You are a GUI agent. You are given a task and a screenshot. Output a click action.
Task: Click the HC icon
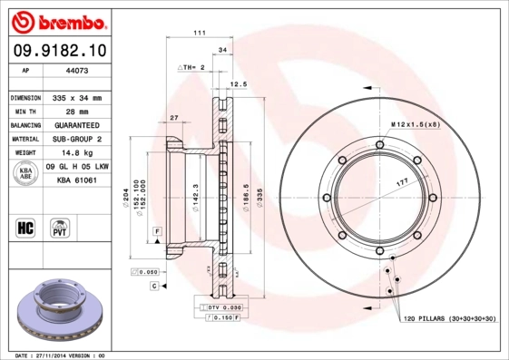tap(25, 227)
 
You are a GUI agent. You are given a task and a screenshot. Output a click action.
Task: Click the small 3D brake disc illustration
tap(61, 314)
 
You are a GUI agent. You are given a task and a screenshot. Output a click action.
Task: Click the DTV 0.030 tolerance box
tap(220, 308)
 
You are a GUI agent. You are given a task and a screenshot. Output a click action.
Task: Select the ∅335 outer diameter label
tap(259, 196)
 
